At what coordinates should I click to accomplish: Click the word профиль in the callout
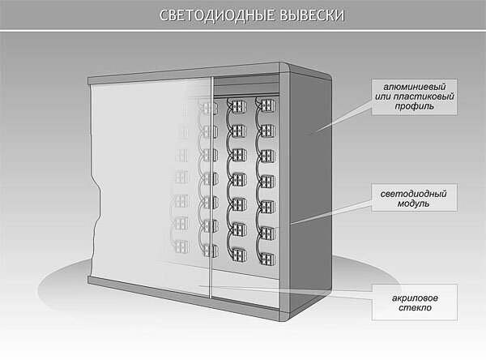[x=416, y=108]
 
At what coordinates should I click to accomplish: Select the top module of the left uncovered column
[x=237, y=105]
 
